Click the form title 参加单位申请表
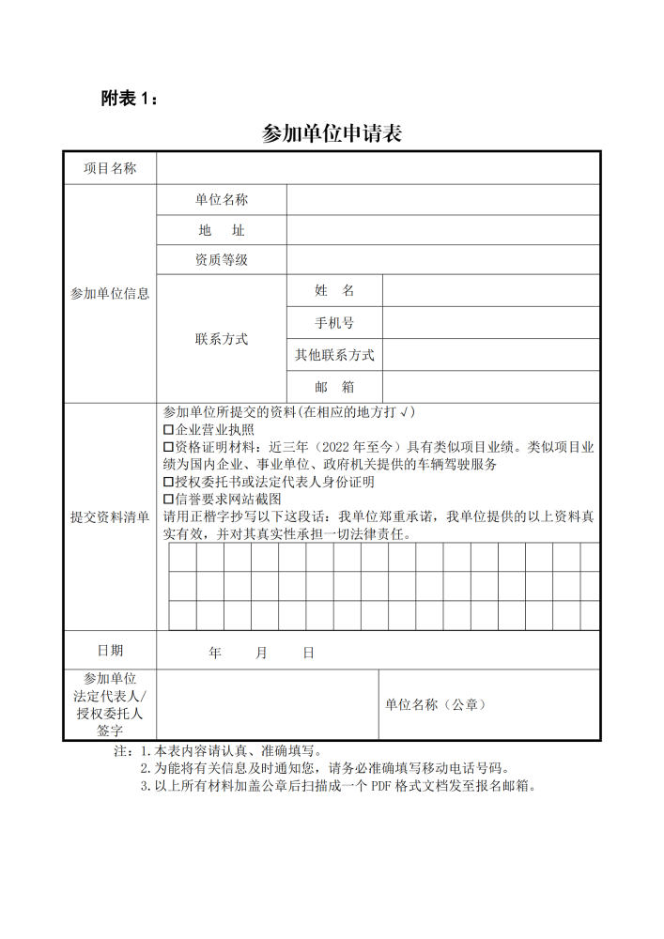pos(332,133)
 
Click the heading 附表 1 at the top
pos(130,98)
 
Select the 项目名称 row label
pos(110,168)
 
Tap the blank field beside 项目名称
pos(378,168)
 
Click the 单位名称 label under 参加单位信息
pos(222,199)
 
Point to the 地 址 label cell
pos(222,230)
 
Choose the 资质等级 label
pos(222,260)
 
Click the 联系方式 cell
pos(222,339)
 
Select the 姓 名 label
pos(334,291)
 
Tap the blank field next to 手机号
pos(490,323)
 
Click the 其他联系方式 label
pos(334,355)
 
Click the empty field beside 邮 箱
pos(490,386)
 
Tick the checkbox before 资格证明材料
pos(169,447)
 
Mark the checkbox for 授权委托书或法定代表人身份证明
pos(169,482)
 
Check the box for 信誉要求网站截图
pos(169,499)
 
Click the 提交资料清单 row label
pos(110,517)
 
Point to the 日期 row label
pos(110,650)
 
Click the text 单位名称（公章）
pos(435,704)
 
